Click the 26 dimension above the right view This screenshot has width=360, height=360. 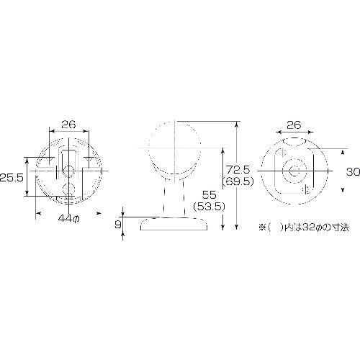click(293, 125)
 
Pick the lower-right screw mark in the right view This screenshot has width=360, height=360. click(307, 190)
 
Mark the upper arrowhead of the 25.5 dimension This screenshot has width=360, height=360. click(27, 157)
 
